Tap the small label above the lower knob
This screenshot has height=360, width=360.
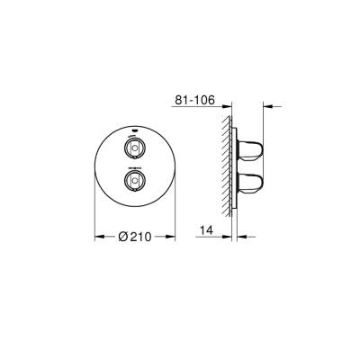[134, 167]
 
